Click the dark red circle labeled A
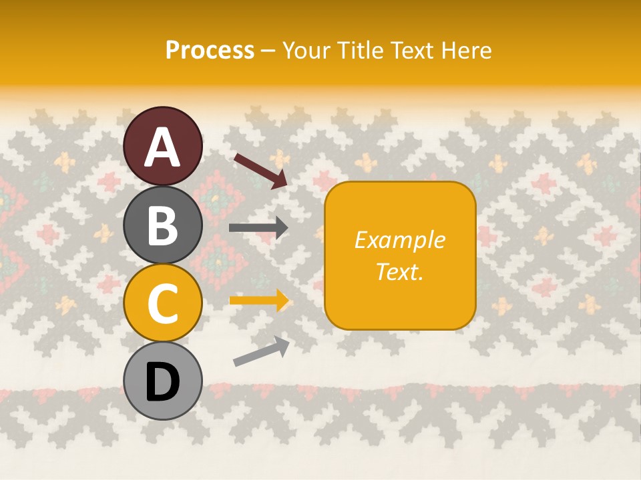point(162,146)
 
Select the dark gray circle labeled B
point(162,225)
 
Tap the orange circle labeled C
point(162,303)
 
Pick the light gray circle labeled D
point(162,381)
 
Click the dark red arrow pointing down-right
point(260,171)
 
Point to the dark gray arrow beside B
point(258,228)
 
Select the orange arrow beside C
point(259,301)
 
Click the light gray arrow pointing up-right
point(261,351)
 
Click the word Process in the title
point(210,51)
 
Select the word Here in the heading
point(467,51)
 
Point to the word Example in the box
point(400,240)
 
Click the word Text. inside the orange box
point(400,271)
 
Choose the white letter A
point(162,147)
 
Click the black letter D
point(162,382)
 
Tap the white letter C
point(162,304)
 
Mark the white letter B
point(162,225)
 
